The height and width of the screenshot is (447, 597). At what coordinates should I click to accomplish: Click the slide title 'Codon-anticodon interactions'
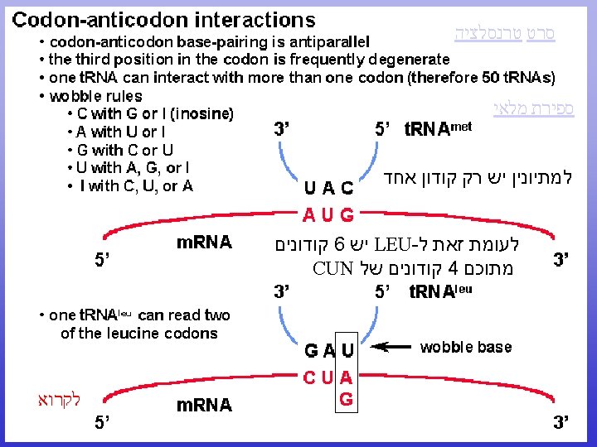tap(164, 19)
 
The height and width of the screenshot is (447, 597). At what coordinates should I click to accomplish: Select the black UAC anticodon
tap(328, 188)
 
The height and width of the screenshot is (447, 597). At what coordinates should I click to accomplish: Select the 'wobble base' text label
tap(466, 347)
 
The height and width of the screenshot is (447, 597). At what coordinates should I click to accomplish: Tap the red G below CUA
tap(347, 400)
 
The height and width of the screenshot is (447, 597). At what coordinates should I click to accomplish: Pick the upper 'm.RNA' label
tap(204, 243)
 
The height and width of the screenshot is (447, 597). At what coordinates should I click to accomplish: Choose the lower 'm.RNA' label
tap(204, 406)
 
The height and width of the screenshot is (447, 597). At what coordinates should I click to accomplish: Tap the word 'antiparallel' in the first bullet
tap(321, 41)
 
